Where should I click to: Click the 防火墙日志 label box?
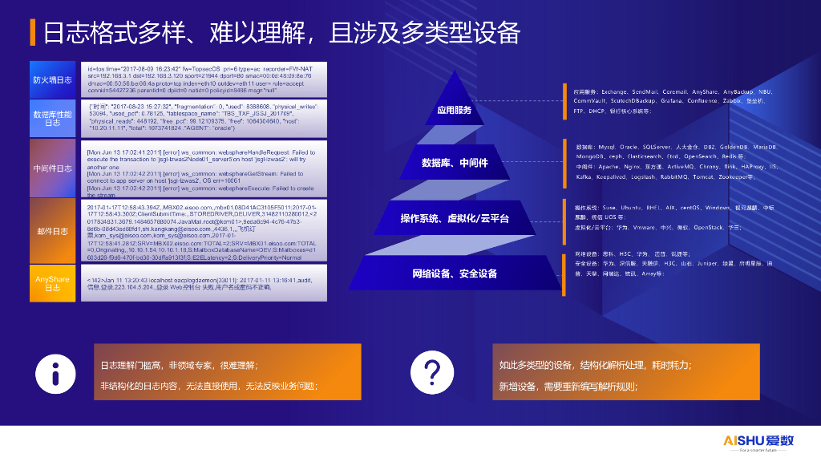click(52, 79)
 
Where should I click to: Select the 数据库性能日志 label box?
click(52, 119)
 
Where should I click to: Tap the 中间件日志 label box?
click(52, 168)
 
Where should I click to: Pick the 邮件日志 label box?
click(52, 232)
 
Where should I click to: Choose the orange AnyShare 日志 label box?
click(52, 283)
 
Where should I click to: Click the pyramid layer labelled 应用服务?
click(455, 111)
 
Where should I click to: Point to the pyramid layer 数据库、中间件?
click(455, 163)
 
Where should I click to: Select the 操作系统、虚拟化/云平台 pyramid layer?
click(455, 218)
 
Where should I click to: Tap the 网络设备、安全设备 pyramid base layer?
click(455, 274)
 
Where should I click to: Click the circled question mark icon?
click(431, 374)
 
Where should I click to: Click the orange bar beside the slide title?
click(32, 33)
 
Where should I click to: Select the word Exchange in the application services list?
click(614, 92)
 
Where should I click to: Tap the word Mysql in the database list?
click(606, 148)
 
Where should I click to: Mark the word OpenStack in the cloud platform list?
click(708, 228)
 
